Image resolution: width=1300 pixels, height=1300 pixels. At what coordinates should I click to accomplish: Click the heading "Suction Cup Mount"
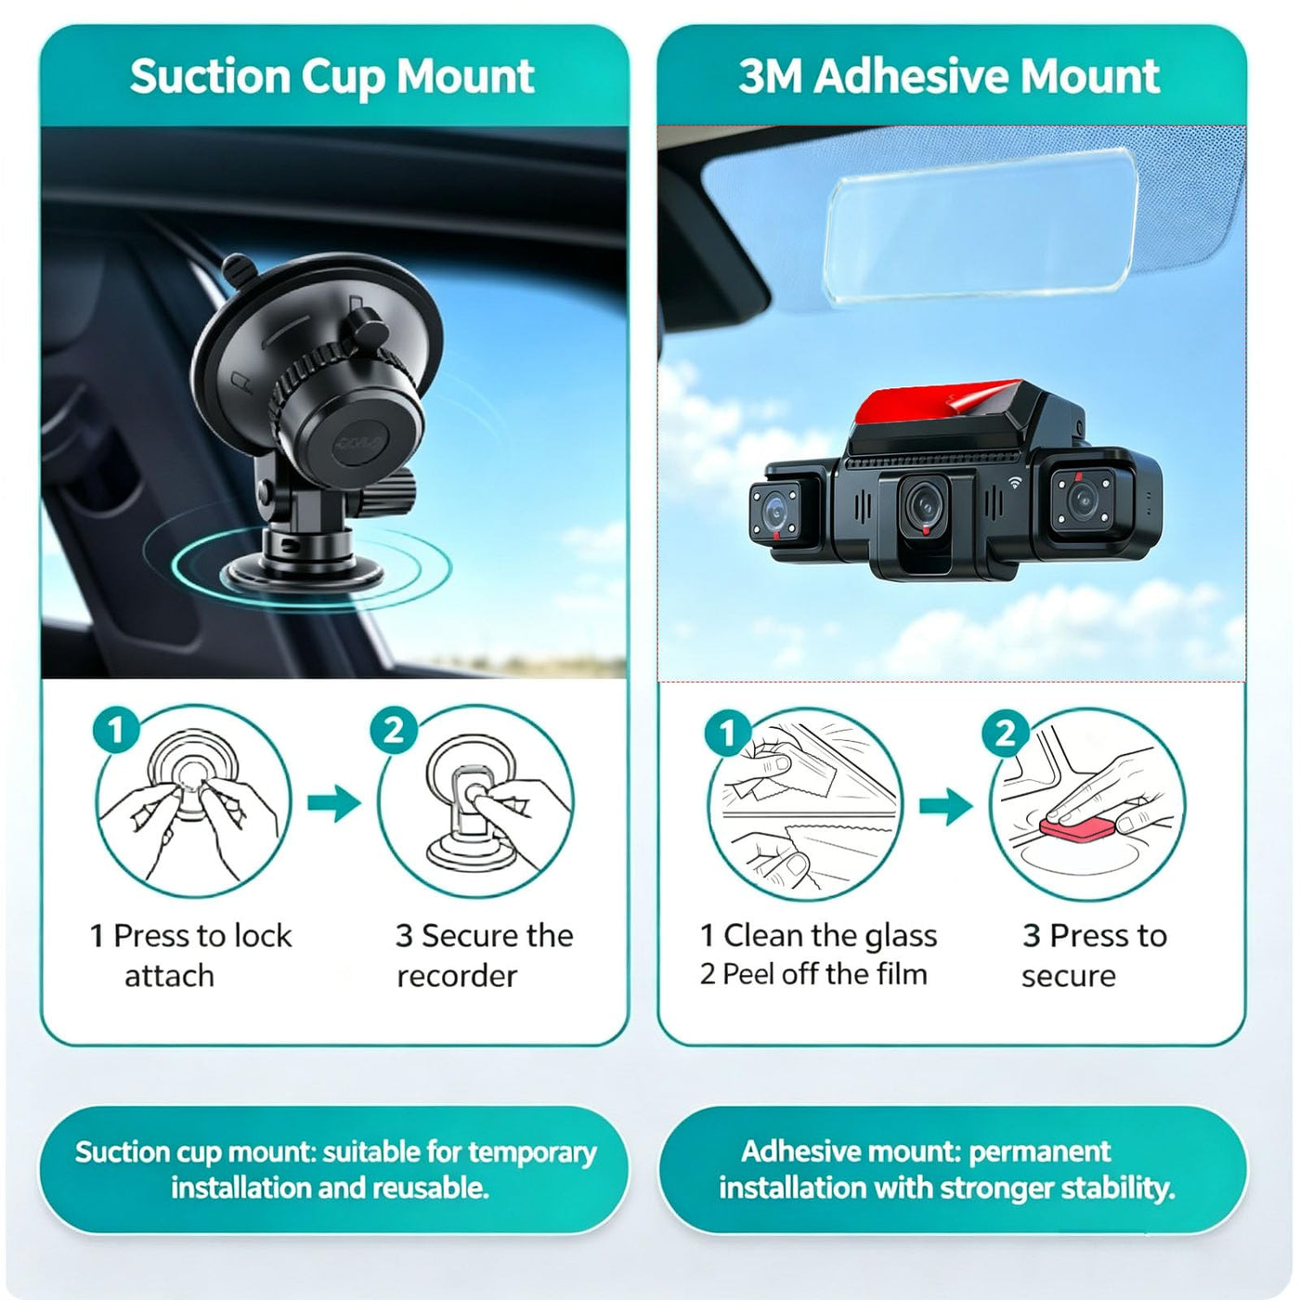point(331,77)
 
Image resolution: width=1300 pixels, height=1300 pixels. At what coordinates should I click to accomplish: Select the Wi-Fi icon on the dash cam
point(1015,482)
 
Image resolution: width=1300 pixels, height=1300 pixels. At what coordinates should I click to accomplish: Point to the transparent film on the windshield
point(981,226)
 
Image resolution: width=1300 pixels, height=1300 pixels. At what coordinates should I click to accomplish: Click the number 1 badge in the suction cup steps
point(116,730)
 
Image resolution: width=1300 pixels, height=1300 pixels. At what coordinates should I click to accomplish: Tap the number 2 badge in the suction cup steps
point(394,730)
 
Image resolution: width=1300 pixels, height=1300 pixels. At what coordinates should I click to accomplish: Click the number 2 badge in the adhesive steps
point(1006,733)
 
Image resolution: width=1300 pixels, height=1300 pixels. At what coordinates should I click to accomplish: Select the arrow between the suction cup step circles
point(334,803)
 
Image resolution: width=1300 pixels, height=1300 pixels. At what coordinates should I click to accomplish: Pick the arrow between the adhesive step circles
point(946,805)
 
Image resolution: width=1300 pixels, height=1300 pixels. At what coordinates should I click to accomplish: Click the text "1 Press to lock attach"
point(191,955)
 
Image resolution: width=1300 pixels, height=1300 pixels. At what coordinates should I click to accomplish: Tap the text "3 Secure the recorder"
point(485,955)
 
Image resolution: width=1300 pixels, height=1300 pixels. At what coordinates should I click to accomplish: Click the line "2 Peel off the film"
point(813,974)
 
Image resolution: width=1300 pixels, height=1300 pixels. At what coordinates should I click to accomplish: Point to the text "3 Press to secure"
point(1094,955)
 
